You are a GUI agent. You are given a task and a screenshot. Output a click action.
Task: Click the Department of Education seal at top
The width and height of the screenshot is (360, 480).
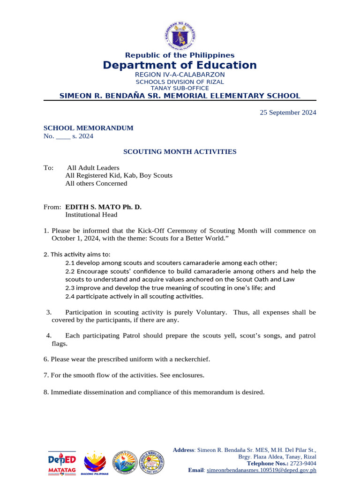(x=180, y=35)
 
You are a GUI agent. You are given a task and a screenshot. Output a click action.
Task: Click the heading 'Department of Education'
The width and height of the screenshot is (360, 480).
(x=180, y=65)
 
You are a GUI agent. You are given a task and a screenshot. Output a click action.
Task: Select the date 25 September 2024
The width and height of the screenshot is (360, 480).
(x=288, y=112)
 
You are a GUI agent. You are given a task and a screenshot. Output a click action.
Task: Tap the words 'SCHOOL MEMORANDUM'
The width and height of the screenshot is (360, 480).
(x=88, y=128)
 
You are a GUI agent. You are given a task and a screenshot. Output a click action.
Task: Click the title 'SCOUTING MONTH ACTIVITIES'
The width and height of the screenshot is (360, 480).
(x=180, y=152)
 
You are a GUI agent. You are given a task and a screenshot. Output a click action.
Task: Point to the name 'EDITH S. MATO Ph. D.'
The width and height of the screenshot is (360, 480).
(x=103, y=207)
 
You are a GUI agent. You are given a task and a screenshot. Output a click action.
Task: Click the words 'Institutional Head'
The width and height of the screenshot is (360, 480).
(x=91, y=215)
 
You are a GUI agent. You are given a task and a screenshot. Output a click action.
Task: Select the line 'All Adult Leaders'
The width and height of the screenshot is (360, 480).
(x=93, y=168)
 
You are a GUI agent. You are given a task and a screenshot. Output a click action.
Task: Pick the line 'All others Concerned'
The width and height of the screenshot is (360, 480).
(x=96, y=183)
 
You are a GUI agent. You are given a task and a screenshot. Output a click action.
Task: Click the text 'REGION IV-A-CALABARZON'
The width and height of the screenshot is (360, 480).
(x=180, y=75)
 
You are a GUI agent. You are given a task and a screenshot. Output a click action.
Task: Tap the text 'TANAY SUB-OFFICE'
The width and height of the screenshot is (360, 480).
(x=180, y=88)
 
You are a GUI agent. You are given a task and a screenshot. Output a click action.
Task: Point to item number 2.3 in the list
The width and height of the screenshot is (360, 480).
(x=70, y=288)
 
